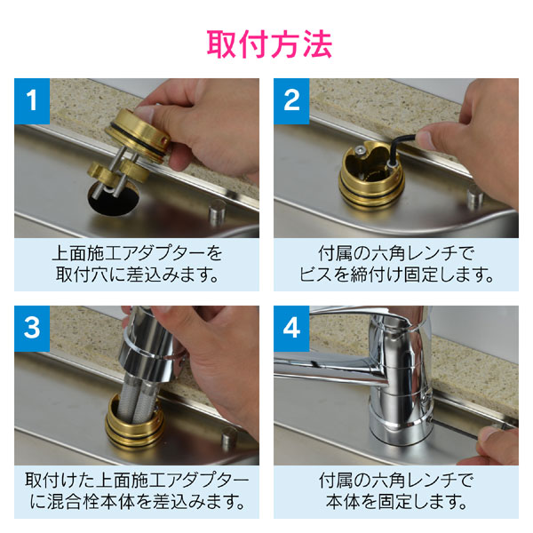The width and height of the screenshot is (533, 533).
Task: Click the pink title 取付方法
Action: [266, 41]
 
